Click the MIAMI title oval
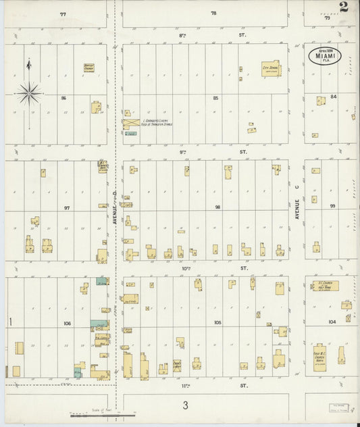point(325,56)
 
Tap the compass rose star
point(28,93)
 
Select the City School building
point(270,70)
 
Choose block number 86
point(63,99)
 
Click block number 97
point(67,207)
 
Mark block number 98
point(217,207)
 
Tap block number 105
point(217,323)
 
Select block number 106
point(67,324)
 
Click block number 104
point(332,322)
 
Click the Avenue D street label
point(115,209)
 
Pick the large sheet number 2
point(344,7)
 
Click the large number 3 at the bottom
point(184,405)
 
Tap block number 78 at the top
point(213,13)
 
